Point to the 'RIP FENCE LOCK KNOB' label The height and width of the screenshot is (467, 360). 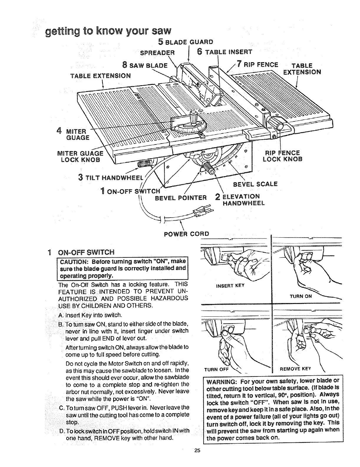(x=282, y=156)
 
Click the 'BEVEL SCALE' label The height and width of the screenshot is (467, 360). (x=255, y=184)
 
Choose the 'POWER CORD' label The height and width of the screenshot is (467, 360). (x=186, y=234)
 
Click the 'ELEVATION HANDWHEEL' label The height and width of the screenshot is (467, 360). (x=243, y=200)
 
